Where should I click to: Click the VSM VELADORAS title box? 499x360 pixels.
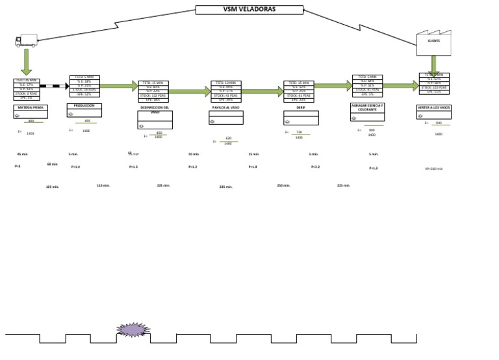tap(249, 10)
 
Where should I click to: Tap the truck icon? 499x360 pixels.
tap(27, 40)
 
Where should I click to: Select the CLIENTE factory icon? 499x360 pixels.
tap(433, 42)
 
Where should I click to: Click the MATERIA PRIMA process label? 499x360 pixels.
tap(30, 107)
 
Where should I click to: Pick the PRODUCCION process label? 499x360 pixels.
tap(84, 105)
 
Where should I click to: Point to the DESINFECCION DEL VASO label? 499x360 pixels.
tap(155, 109)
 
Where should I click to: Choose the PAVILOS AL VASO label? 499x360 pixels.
tap(226, 107)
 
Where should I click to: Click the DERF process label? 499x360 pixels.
tap(301, 107)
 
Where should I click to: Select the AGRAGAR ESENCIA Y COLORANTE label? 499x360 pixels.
tap(367, 107)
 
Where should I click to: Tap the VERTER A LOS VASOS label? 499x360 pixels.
tap(433, 107)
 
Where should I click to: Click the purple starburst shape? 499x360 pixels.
tap(133, 330)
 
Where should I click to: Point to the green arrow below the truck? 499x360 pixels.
tap(27, 62)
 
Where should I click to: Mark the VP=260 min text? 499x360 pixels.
tap(433, 169)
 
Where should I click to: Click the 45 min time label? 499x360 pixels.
tap(22, 154)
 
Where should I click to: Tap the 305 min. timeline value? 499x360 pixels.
tap(52, 186)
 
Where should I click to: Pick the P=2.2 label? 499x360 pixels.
tap(315, 167)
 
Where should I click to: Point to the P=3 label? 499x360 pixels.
tap(18, 166)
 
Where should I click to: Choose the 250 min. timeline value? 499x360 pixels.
tap(283, 185)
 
